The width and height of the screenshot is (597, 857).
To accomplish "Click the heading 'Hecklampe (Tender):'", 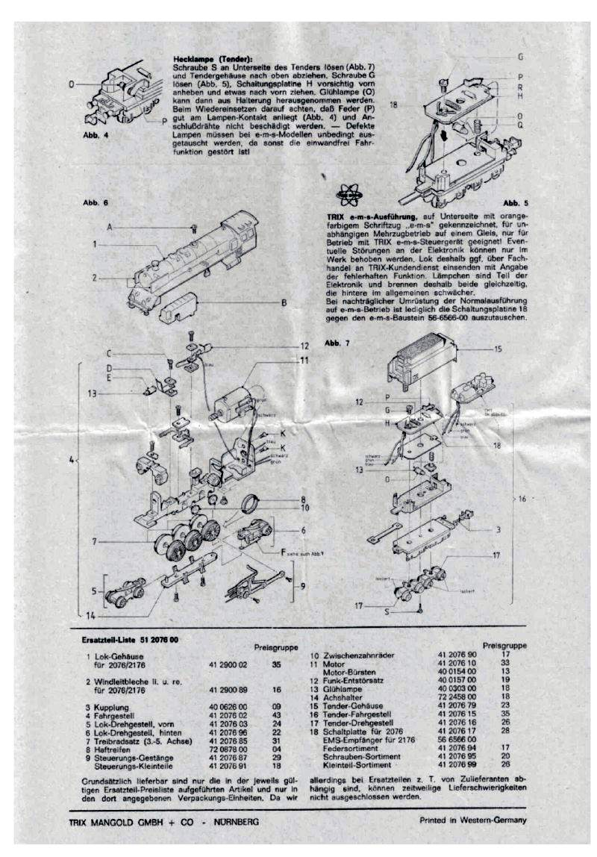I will pyautogui.click(x=211, y=59).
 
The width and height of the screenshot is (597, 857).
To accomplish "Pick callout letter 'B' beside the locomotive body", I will pyautogui.click(x=284, y=302).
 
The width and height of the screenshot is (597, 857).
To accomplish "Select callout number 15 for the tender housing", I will pyautogui.click(x=498, y=348).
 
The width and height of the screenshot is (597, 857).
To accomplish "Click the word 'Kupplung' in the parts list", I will pyautogui.click(x=113, y=706).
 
